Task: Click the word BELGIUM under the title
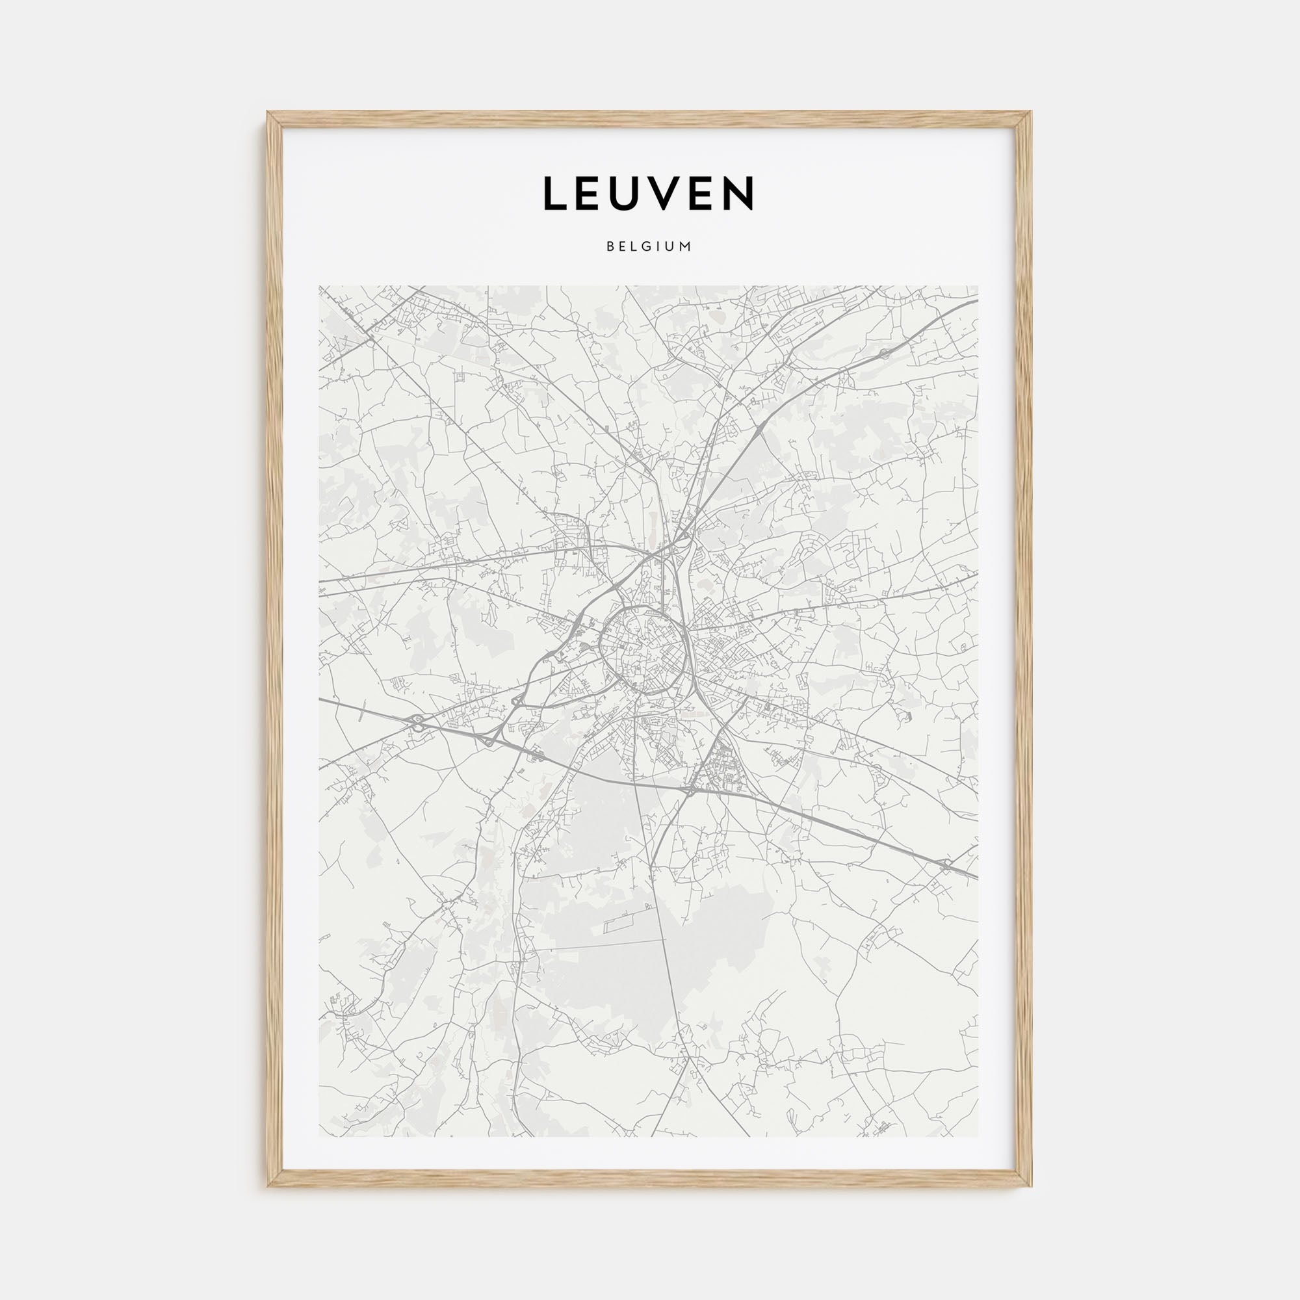point(649,247)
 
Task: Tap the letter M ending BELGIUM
point(686,247)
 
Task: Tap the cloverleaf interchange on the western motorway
point(418,722)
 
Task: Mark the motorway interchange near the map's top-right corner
point(883,352)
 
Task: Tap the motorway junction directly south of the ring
point(690,788)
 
